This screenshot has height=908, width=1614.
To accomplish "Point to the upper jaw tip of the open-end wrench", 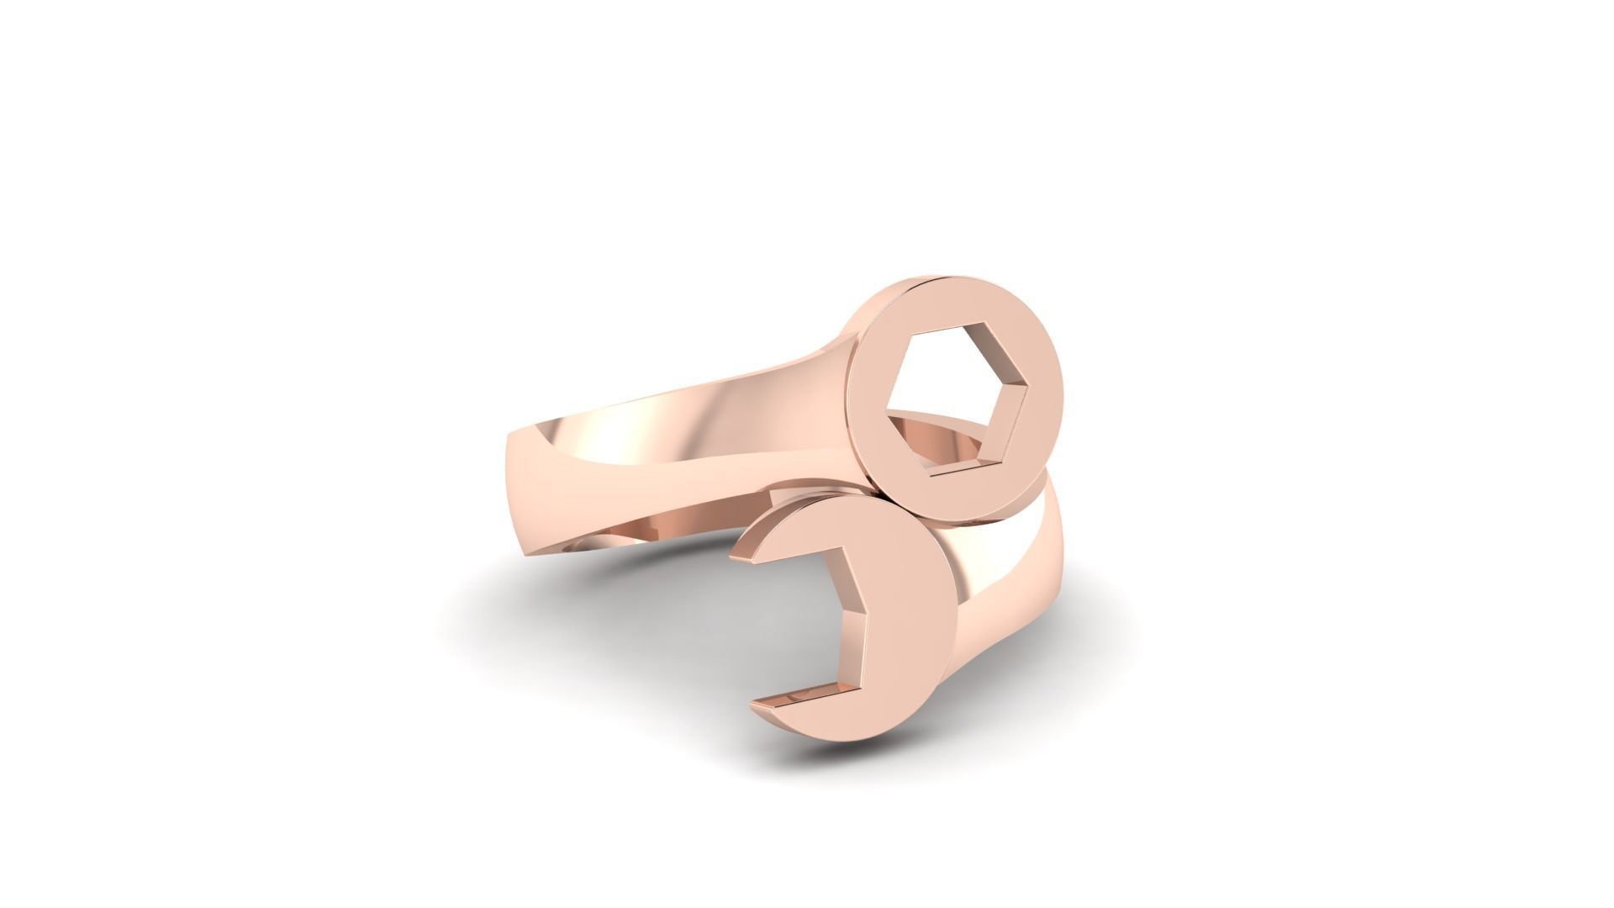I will [x=745, y=555].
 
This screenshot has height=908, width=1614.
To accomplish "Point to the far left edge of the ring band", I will [x=511, y=471].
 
